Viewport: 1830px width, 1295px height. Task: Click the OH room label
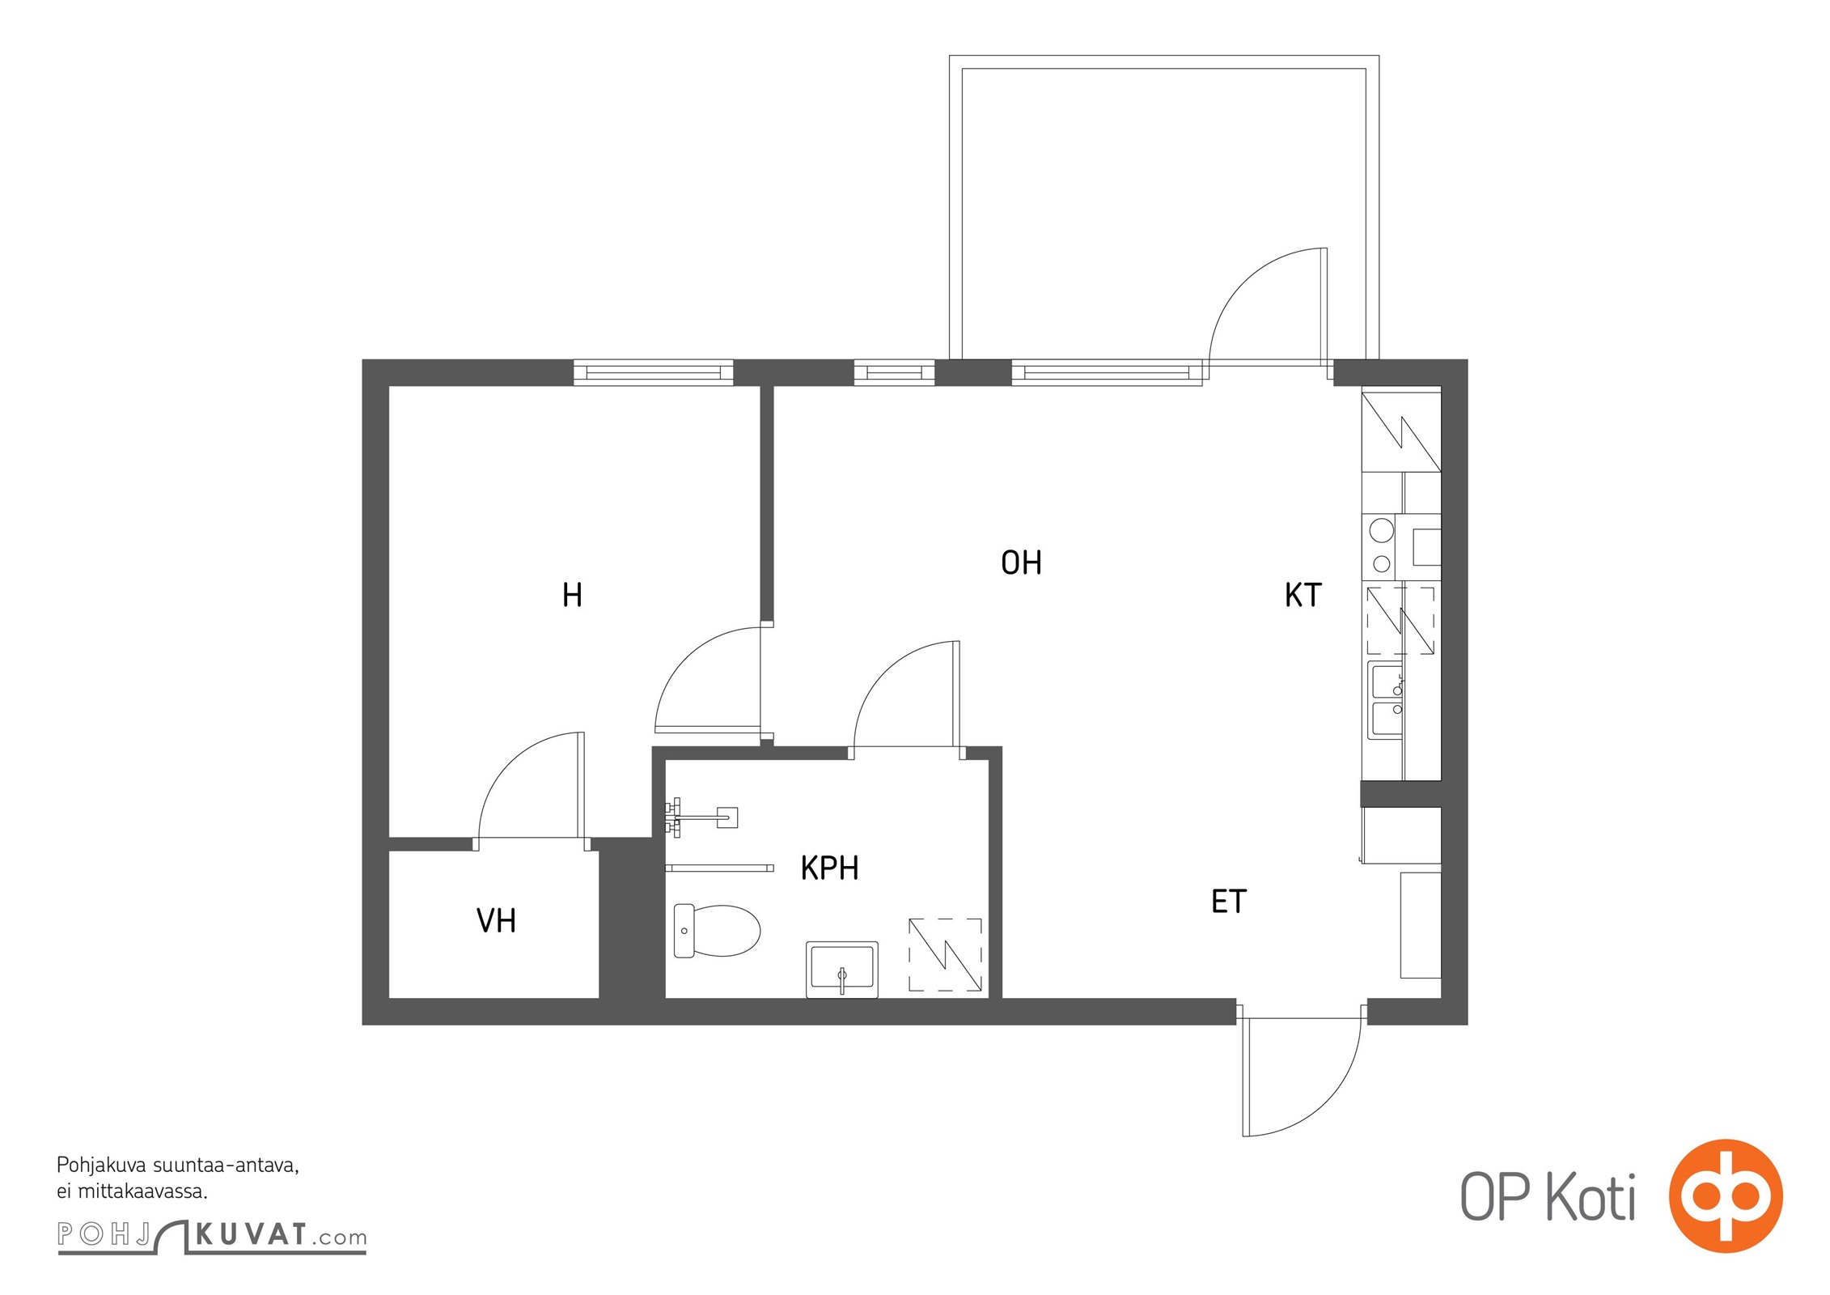coord(1021,563)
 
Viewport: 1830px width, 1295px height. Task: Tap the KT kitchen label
coord(1303,595)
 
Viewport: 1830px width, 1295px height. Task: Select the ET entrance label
coord(1228,901)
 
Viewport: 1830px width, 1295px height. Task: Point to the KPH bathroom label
coord(829,868)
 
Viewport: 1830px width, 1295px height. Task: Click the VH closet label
coord(496,920)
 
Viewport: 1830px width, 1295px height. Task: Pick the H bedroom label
coord(572,595)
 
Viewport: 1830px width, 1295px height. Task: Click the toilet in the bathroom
coord(717,931)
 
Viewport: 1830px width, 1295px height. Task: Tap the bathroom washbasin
coord(842,969)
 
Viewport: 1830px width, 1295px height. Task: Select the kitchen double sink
coord(1386,700)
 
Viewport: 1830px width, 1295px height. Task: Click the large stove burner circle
coord(1382,530)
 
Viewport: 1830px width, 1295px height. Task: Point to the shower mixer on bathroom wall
coord(700,817)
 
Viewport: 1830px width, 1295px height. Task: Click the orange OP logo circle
coord(1726,1196)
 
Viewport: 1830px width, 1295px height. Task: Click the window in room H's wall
coord(654,372)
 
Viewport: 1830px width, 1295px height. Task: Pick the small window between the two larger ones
coord(894,372)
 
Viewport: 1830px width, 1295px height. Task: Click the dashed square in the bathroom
coord(945,955)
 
